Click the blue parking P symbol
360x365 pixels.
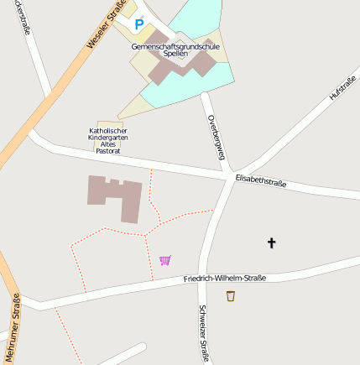tap(139, 24)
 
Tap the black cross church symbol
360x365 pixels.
tap(271, 243)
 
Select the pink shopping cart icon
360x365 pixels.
tap(164, 260)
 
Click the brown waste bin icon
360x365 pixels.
tap(231, 295)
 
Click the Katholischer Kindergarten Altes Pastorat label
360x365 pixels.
tap(108, 140)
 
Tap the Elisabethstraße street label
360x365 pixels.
tap(261, 180)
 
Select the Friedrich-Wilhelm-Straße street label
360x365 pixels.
tap(224, 277)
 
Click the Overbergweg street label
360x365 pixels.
tap(216, 135)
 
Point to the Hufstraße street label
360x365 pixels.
tap(342, 88)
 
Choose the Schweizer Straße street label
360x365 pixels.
tap(203, 332)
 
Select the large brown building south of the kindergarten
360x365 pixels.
tap(117, 196)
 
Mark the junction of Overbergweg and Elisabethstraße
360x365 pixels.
tap(229, 174)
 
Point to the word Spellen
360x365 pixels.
tap(175, 54)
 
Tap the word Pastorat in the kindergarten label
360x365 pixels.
tap(108, 151)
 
